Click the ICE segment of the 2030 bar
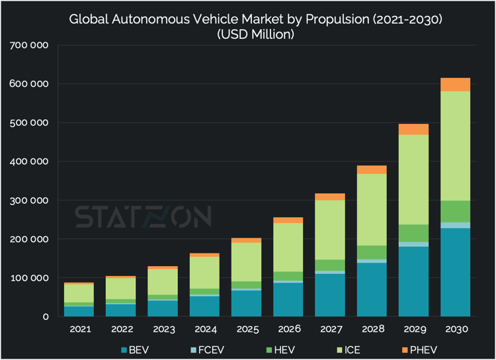(455, 146)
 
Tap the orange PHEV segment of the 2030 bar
(455, 85)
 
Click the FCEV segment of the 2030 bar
(455, 226)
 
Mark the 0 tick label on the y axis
(46, 317)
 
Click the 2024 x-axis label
(204, 329)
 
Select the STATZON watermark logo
(143, 216)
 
